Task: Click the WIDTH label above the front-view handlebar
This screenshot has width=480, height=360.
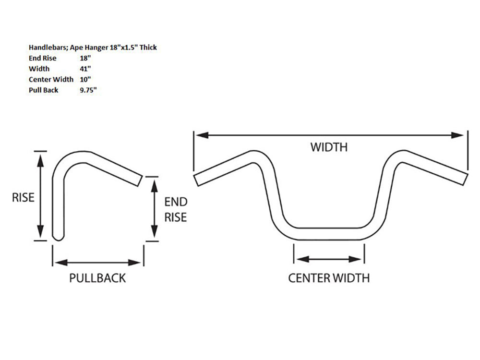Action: point(329,147)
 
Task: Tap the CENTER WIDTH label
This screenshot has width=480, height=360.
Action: point(329,277)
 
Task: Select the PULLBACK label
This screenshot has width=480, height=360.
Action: point(97,277)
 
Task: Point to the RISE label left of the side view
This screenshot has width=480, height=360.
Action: point(23,197)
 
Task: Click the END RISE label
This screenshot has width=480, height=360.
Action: point(176,209)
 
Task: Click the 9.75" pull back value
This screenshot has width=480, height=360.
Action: point(89,90)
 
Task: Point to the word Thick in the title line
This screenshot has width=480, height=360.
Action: point(148,48)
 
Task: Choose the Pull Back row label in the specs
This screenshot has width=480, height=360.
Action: point(44,90)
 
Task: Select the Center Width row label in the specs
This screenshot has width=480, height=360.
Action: point(50,79)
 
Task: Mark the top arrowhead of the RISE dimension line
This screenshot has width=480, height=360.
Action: point(41,157)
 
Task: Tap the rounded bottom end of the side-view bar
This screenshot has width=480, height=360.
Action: point(58,237)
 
